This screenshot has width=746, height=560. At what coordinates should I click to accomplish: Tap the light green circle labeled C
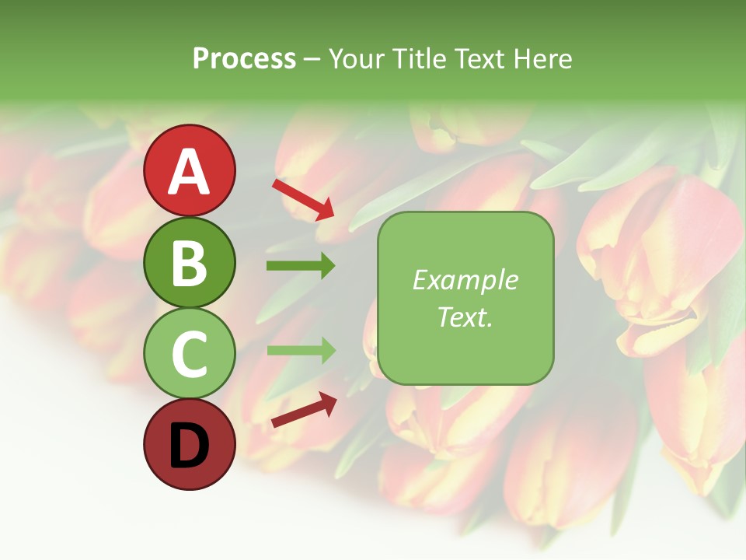point(189,353)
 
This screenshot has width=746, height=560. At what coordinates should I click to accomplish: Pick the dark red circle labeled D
point(189,445)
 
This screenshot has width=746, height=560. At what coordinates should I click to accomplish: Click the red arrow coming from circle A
point(303,198)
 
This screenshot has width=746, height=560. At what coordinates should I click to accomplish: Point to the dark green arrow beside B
point(301,266)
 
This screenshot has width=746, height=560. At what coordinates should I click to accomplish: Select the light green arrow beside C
point(301,350)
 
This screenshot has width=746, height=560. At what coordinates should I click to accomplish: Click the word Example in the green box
point(465,280)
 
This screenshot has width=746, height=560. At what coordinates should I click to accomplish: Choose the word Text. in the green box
point(465,317)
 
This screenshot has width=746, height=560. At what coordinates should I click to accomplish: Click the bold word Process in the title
point(244,59)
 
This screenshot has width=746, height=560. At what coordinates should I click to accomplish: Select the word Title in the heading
point(420,59)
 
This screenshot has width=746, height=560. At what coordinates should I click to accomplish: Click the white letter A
point(189,172)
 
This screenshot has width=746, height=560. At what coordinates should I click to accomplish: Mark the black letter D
point(189,446)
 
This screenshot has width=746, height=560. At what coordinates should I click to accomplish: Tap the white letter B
point(189,263)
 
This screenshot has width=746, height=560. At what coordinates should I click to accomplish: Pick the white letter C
point(189,355)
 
